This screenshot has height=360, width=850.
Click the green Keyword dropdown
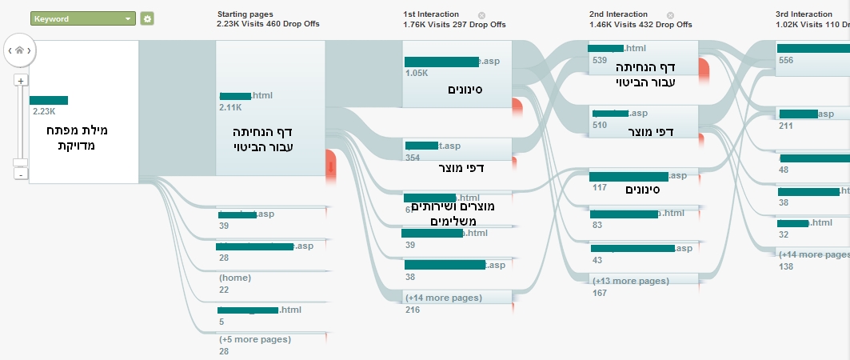point(82,18)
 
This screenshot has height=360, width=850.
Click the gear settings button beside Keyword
point(147,18)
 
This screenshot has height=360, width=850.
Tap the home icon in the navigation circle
point(19,50)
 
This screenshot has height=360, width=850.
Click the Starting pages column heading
point(245,14)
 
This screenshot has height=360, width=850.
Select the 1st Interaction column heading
point(431,14)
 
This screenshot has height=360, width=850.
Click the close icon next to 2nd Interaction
point(670,14)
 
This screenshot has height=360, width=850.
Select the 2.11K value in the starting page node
point(229,106)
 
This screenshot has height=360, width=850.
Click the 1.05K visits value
point(416,73)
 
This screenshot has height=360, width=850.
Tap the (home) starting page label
point(235,278)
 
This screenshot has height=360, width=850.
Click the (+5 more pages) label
point(254,339)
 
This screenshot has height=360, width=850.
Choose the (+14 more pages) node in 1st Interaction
point(443,298)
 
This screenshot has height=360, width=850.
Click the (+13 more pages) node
point(630,281)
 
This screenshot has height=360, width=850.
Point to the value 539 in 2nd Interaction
point(599,60)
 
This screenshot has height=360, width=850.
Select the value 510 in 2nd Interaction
point(599,125)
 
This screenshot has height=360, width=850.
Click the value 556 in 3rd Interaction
point(785,60)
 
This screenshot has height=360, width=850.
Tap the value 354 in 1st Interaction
point(413,158)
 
